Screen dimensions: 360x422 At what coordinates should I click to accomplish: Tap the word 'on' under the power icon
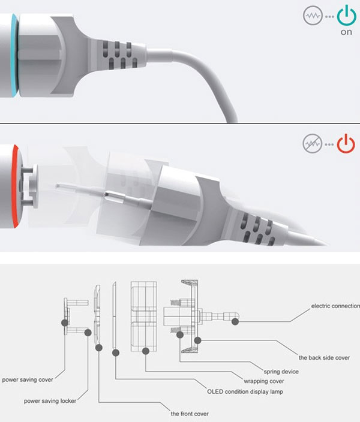(x=346, y=32)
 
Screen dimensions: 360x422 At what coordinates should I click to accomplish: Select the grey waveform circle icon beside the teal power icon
(x=313, y=16)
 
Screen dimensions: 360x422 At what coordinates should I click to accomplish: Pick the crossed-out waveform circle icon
(x=312, y=144)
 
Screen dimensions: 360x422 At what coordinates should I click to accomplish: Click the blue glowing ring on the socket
(x=14, y=55)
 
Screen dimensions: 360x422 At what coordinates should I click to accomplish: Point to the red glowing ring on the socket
(x=14, y=186)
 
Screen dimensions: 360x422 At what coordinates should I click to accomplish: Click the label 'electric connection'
(x=335, y=306)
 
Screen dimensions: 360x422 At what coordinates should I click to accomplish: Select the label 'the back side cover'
(x=324, y=358)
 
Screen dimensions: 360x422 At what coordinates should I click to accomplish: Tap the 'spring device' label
(x=281, y=372)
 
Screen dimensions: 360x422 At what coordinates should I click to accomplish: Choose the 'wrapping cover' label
(x=264, y=381)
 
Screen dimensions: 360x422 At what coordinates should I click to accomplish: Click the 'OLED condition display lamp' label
(x=245, y=391)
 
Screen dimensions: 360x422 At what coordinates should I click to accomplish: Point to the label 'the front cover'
(x=190, y=414)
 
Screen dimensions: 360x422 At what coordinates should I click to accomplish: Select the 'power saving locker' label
(x=50, y=401)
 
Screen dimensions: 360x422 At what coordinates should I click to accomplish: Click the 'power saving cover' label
(x=28, y=380)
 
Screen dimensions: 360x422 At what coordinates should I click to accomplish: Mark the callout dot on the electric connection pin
(x=235, y=321)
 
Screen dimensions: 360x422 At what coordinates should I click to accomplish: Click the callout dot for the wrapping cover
(x=146, y=351)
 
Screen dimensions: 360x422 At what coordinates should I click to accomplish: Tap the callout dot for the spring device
(x=180, y=335)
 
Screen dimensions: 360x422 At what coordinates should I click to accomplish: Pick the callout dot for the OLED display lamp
(x=116, y=352)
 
